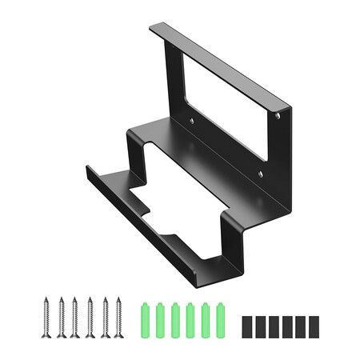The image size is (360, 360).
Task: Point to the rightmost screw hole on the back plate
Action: (278, 116)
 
